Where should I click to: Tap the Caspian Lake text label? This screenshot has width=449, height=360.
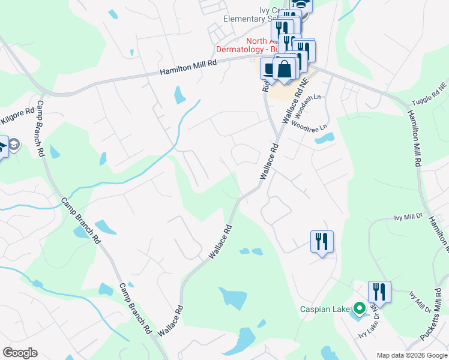(325, 310)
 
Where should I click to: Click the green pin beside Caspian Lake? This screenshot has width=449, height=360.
(360, 309)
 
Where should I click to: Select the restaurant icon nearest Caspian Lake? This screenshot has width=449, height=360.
(379, 292)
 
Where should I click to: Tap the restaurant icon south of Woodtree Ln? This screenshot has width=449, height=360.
(322, 242)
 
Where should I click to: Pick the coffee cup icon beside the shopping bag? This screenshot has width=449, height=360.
(268, 69)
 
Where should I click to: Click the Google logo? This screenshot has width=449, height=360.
(20, 353)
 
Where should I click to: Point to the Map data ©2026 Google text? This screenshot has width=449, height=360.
(411, 355)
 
